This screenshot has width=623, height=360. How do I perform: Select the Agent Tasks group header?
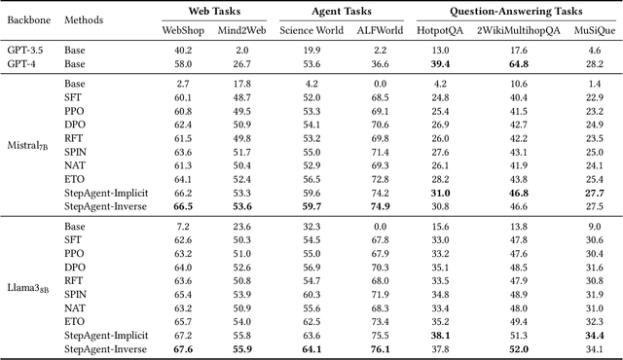(x=321, y=13)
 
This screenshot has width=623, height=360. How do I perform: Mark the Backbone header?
(x=29, y=20)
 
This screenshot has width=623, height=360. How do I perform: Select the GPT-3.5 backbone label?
(x=24, y=49)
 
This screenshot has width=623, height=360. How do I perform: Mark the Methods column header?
(x=86, y=20)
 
